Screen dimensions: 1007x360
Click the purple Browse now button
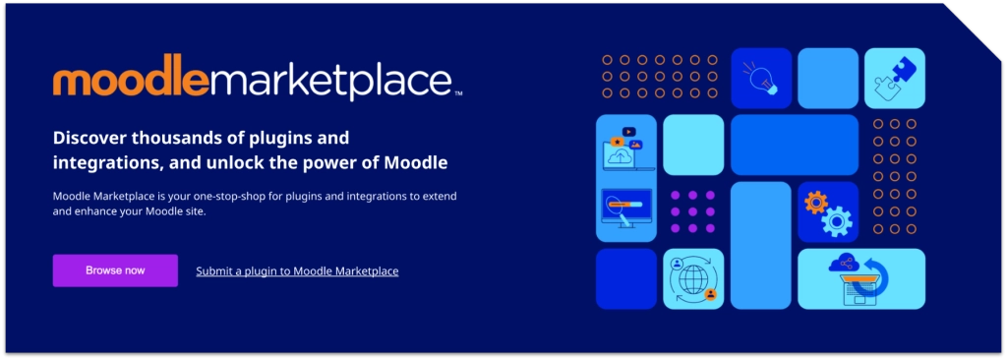pyautogui.click(x=115, y=270)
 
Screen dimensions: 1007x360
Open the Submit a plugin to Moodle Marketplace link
pyautogui.click(x=297, y=271)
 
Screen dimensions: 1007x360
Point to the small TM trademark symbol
pyautogui.click(x=458, y=93)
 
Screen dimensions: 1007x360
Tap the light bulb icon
pyautogui.click(x=761, y=78)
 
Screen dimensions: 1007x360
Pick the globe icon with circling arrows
pyautogui.click(x=692, y=279)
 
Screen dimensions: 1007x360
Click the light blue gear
pyautogui.click(x=837, y=221)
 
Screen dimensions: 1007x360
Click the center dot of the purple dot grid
pyautogui.click(x=692, y=211)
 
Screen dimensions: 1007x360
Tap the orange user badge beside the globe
pyautogui.click(x=710, y=294)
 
